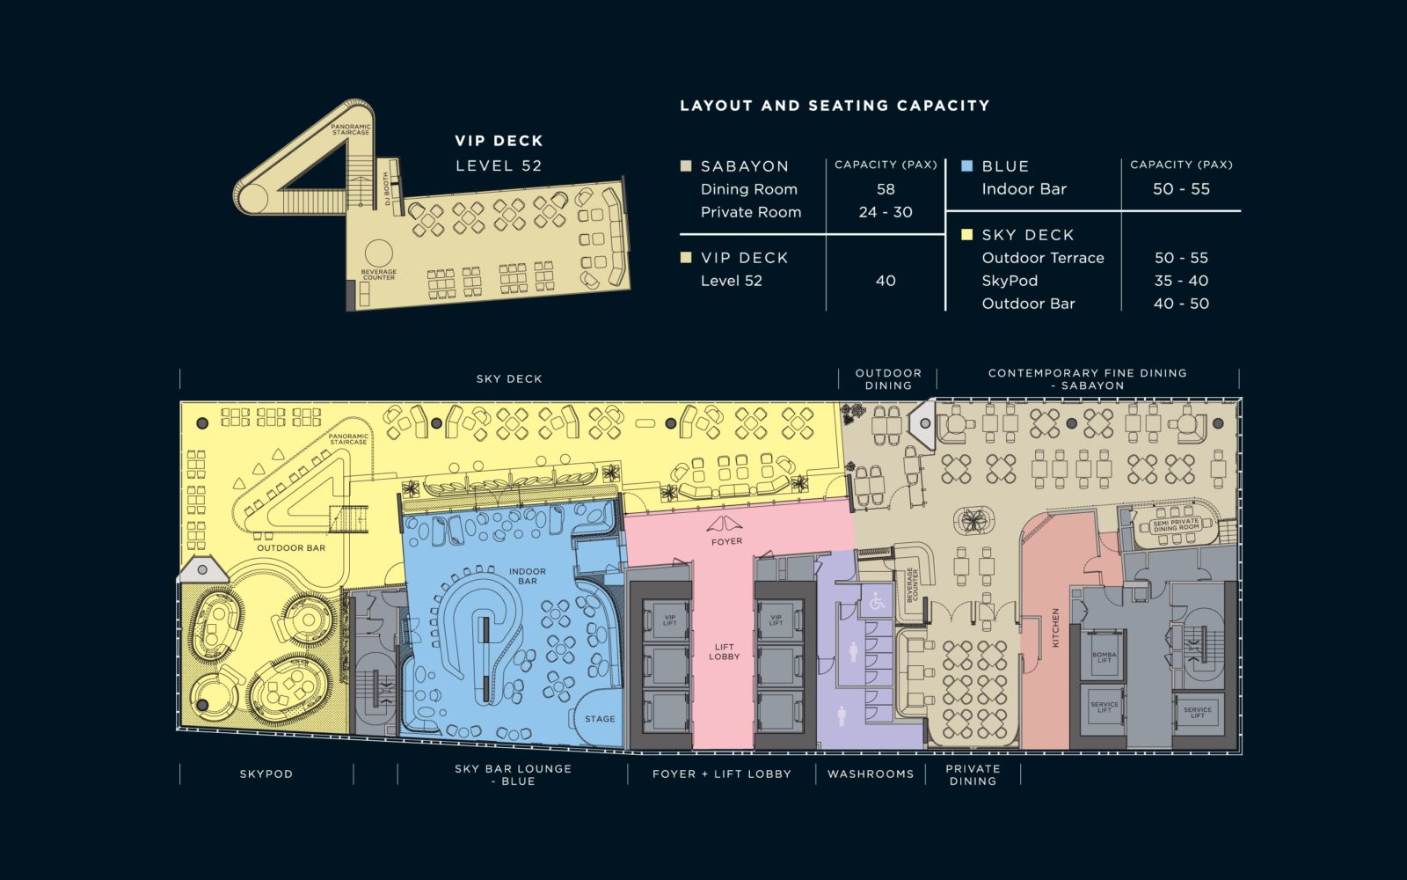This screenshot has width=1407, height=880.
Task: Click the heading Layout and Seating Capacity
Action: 835,106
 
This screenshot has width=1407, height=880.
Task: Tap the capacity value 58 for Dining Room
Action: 886,189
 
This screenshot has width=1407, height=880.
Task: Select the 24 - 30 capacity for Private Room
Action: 886,212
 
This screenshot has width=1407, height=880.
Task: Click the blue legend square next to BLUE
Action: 967,165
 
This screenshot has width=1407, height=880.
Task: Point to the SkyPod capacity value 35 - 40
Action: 1181,281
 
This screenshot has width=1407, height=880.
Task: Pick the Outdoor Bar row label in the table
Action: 1028,304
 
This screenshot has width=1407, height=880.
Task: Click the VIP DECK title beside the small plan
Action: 499,141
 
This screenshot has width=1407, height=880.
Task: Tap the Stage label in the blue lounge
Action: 600,719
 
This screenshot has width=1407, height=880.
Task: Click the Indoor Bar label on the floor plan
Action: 528,576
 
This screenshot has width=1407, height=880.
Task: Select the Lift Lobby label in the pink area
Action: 725,652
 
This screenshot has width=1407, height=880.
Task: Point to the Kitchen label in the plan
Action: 1055,627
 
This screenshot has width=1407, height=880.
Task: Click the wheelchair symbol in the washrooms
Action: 877,603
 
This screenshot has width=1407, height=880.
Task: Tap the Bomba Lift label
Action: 1104,657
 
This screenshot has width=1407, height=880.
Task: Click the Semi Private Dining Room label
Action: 1176,525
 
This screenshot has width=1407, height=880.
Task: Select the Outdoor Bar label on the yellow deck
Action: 291,547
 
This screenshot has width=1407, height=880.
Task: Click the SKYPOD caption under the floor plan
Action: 266,774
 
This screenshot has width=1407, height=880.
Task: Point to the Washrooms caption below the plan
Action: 871,774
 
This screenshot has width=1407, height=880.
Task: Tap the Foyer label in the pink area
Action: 726,541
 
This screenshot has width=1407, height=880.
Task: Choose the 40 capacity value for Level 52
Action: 886,281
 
